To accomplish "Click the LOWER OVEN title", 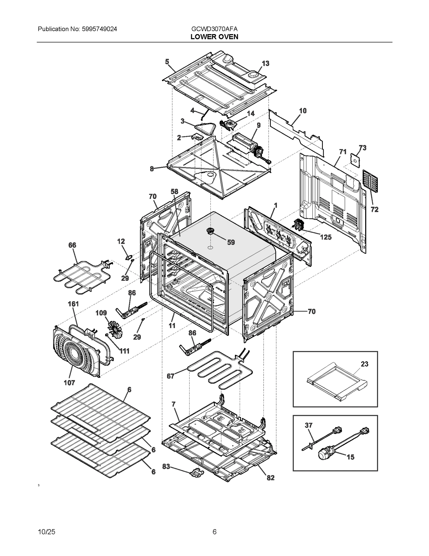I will [214, 37].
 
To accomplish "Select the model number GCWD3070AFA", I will [214, 29].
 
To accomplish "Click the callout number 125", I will [326, 237].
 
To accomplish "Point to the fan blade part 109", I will [115, 328].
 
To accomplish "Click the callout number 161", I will [73, 304].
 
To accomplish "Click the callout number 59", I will [231, 242].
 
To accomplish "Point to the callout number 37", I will [309, 425].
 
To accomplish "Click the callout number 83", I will [166, 466].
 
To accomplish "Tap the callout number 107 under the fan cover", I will [69, 383].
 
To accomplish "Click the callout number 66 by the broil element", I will [72, 245].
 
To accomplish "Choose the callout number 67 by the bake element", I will [171, 376].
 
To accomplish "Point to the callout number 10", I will [303, 111].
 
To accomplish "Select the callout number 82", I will [271, 478].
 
